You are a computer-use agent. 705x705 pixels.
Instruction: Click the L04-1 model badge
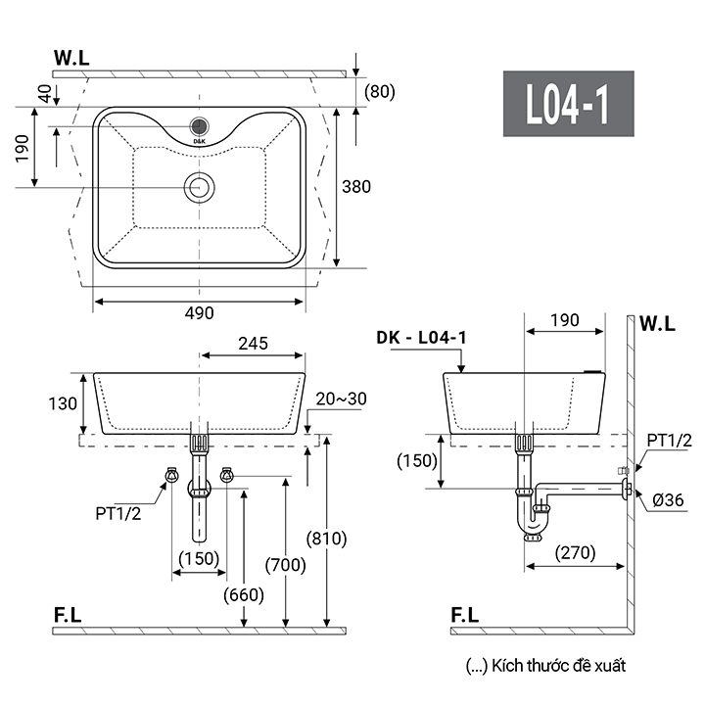[568, 104]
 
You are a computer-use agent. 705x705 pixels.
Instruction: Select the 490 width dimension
[199, 313]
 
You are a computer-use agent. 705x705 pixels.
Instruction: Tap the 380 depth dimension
[356, 187]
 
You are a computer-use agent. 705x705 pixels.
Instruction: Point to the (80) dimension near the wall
[380, 91]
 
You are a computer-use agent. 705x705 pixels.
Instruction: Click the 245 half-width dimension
[254, 344]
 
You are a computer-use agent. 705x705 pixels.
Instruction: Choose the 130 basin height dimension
[63, 403]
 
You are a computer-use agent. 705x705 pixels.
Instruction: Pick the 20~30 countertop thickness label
[342, 399]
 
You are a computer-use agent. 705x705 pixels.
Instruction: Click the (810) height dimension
[326, 539]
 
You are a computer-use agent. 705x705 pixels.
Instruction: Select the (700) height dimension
[286, 565]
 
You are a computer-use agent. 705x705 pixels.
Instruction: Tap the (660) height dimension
[244, 595]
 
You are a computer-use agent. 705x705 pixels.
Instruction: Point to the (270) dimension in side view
[575, 552]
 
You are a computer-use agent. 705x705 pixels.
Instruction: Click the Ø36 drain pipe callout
[668, 500]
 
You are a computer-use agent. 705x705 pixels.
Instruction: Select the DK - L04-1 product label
[421, 337]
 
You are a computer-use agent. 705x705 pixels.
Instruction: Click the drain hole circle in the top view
[199, 187]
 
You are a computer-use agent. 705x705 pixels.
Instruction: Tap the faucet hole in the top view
[199, 126]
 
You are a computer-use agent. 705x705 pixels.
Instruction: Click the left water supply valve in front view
[171, 475]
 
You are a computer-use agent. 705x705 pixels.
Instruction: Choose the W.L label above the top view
[71, 58]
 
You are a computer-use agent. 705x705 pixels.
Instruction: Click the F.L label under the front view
[68, 615]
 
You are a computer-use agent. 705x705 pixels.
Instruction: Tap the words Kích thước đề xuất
[558, 666]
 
